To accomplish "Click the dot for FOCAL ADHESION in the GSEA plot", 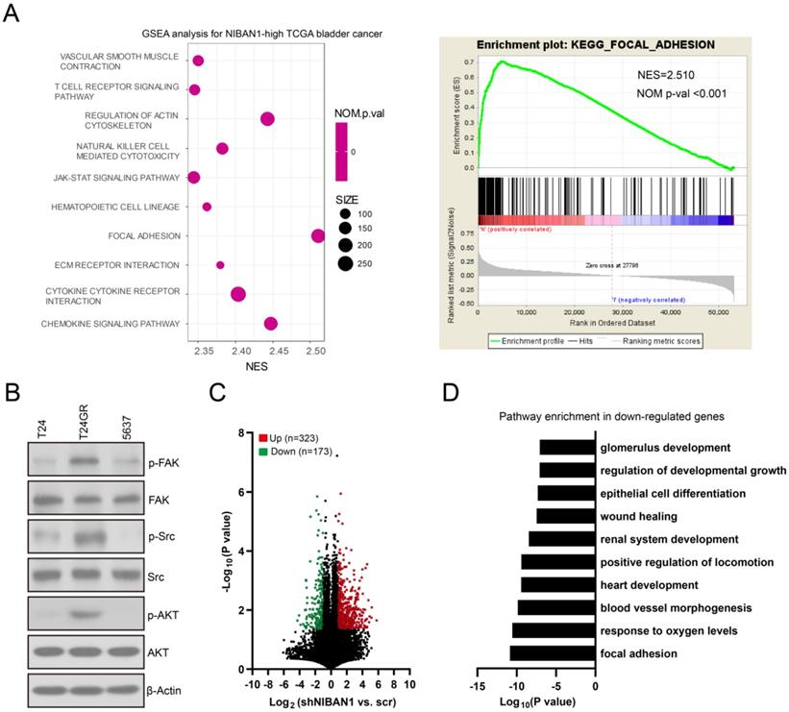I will pyautogui.click(x=318, y=236).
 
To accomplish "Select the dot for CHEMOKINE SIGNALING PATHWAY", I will pyautogui.click(x=271, y=324).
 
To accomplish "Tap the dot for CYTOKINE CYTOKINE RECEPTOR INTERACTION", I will pyautogui.click(x=238, y=295).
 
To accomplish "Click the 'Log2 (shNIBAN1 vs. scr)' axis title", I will pyautogui.click(x=331, y=704).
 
